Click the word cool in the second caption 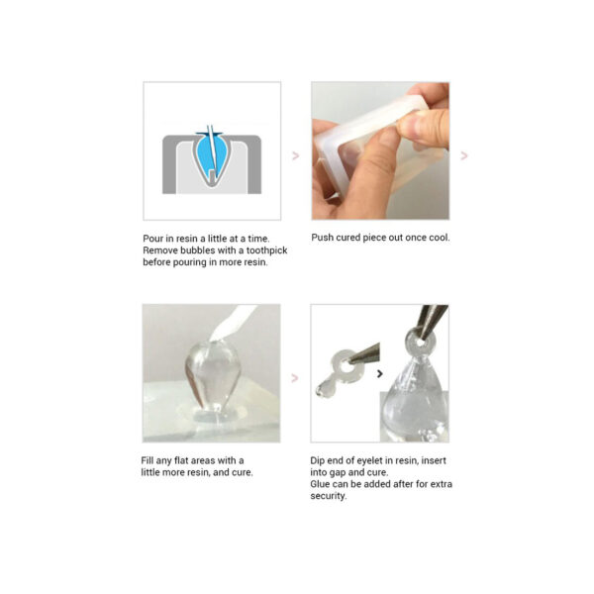point(438,238)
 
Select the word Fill point(149,460)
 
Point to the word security point(330,496)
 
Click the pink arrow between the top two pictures point(295,155)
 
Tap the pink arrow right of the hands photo point(463,155)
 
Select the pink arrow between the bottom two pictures point(295,377)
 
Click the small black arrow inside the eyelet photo point(380,373)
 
